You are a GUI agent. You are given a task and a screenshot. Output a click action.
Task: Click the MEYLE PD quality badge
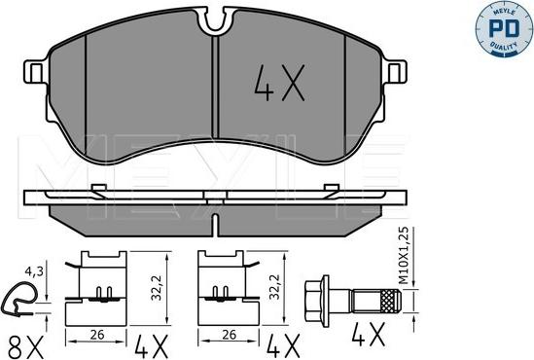pyautogui.click(x=503, y=28)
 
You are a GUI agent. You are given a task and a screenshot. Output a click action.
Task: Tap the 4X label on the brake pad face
pyautogui.click(x=279, y=84)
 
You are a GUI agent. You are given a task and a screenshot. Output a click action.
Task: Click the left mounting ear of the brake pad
pyautogui.click(x=35, y=72)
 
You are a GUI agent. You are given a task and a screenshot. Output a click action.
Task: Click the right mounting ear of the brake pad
pyautogui.click(x=395, y=72)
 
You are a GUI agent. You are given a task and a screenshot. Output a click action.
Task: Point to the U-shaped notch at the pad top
pyautogui.click(x=216, y=21)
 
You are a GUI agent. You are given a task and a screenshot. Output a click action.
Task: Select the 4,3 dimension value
pyautogui.click(x=34, y=271)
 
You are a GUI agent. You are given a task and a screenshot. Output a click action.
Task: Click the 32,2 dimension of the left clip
pyautogui.click(x=157, y=288)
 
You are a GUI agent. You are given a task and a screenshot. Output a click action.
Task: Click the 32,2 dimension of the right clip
pyautogui.click(x=274, y=287)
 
